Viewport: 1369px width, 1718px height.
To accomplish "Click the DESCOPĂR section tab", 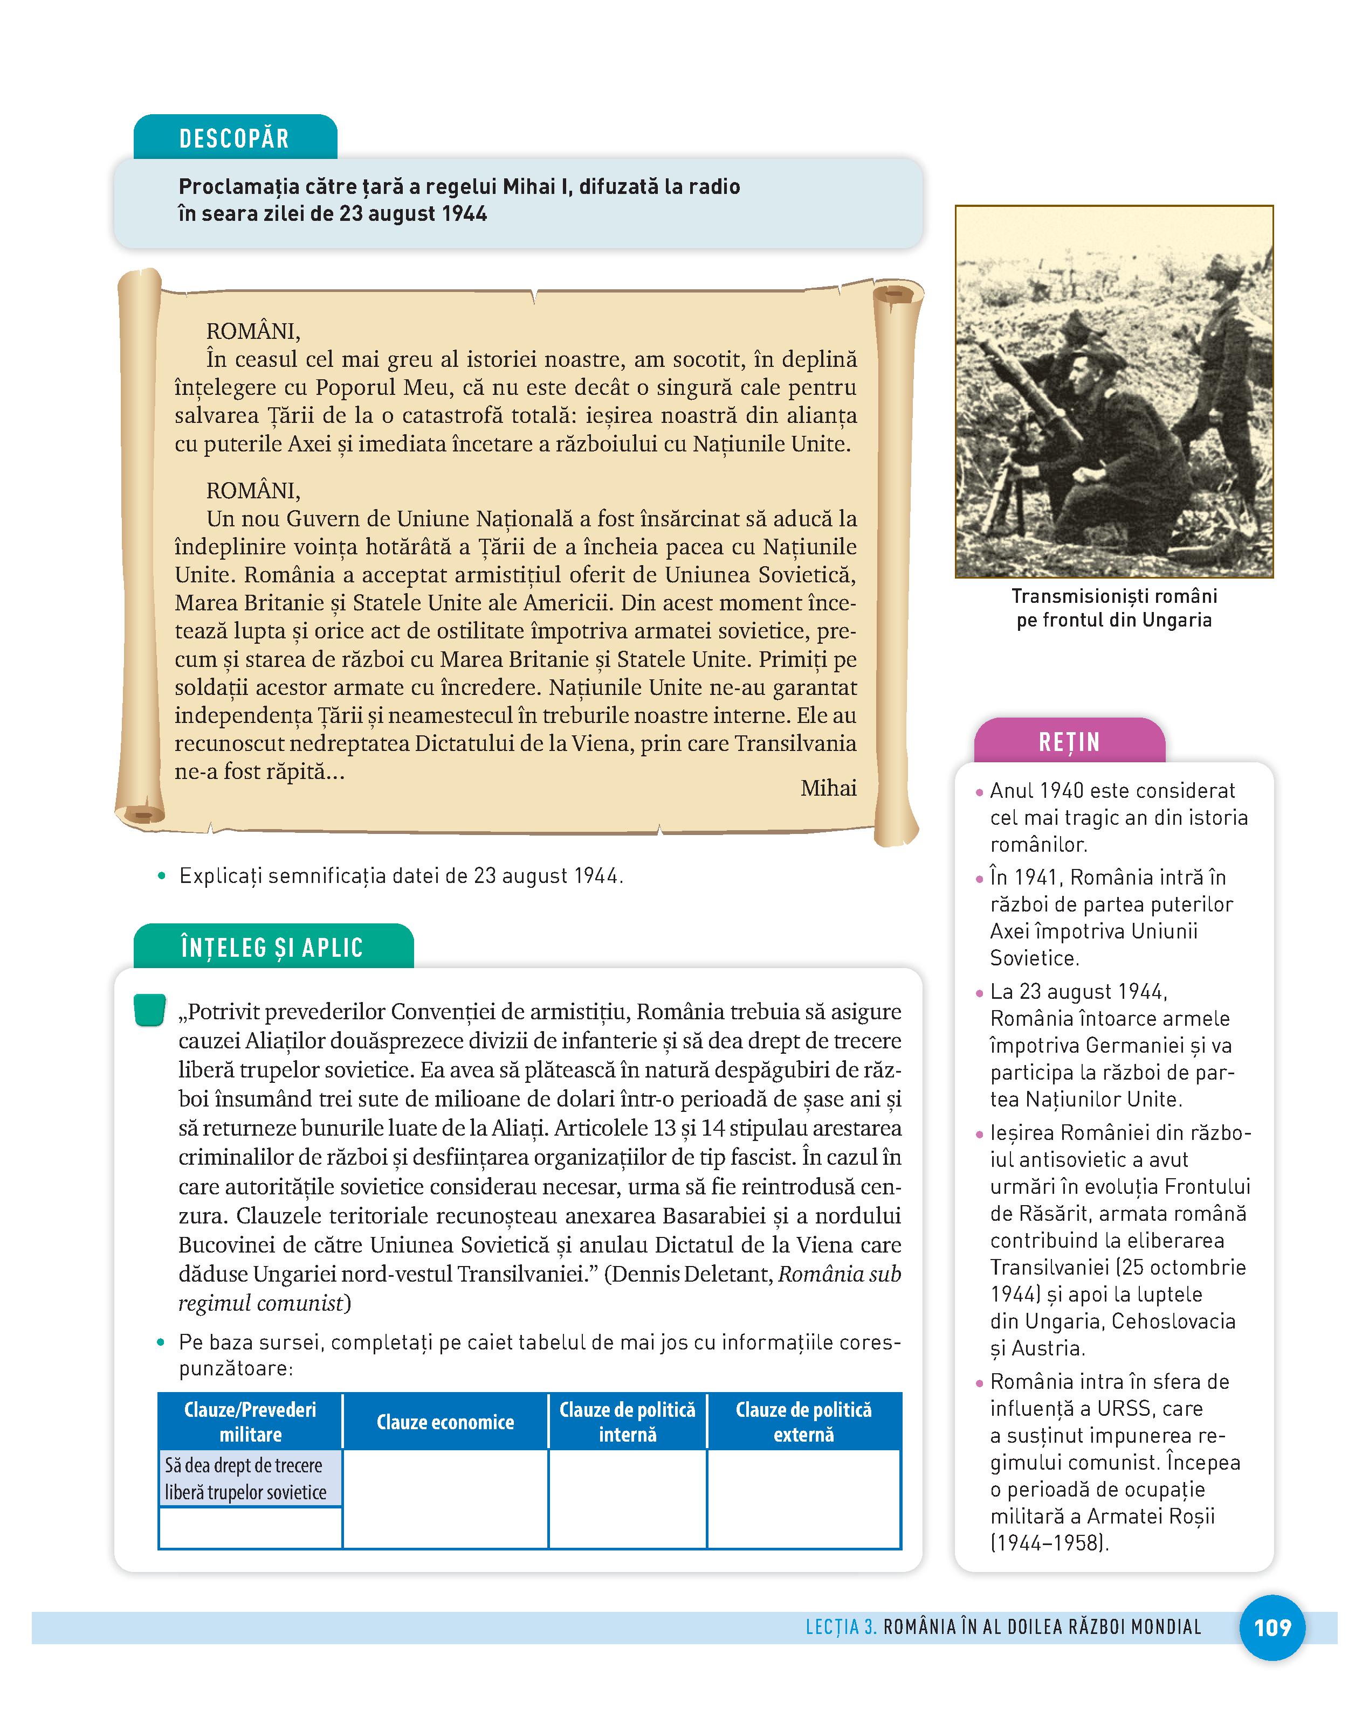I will pos(235,138).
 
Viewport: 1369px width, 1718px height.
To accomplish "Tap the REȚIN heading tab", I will pos(1069,742).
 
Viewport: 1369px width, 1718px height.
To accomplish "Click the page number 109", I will pos(1272,1627).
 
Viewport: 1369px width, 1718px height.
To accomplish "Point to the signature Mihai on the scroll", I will pos(828,788).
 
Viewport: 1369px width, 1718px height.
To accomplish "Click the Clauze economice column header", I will pos(445,1422).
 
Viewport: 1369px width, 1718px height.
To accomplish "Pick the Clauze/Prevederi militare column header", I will pos(250,1422).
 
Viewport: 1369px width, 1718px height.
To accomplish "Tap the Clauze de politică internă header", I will pos(628,1422).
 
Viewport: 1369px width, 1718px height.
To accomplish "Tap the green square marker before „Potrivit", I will pos(150,1010).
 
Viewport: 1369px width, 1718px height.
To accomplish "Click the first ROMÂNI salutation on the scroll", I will pos(253,331).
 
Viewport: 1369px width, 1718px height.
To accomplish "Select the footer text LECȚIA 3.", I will pos(841,1627).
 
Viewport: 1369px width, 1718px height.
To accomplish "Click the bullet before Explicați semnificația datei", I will pos(162,877).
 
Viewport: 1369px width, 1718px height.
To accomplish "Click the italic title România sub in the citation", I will pos(839,1274).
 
